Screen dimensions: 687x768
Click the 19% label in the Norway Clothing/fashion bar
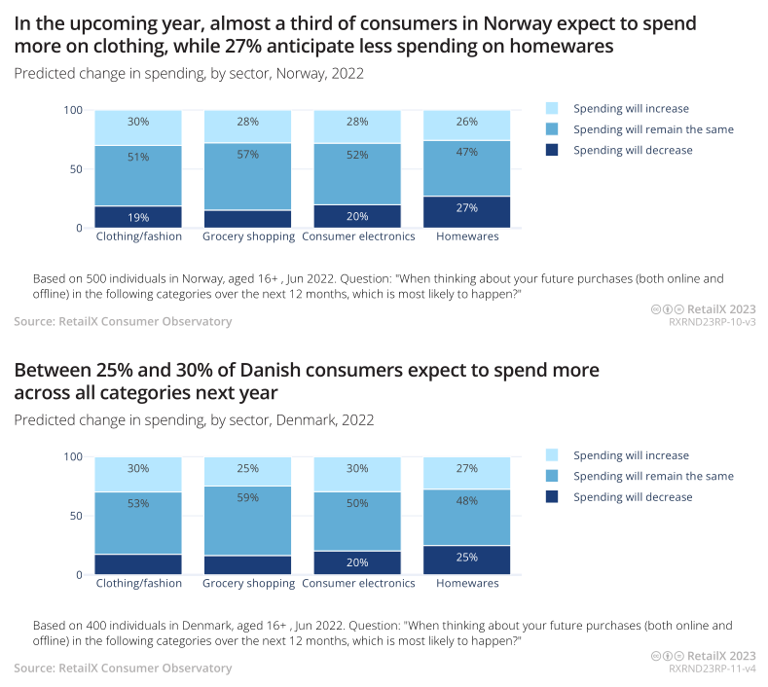(x=138, y=217)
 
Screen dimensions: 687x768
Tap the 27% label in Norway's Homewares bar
(x=467, y=208)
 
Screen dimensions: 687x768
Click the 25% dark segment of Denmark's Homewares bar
(x=467, y=557)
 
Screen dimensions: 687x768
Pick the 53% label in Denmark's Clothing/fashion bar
(x=138, y=503)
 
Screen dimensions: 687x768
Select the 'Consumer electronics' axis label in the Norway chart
(x=358, y=236)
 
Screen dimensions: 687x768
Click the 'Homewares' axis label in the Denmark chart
(x=467, y=584)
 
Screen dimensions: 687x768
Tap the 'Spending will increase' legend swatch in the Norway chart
(x=553, y=108)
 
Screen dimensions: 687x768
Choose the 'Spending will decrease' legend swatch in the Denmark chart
(x=553, y=497)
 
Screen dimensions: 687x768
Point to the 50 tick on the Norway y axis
(x=74, y=169)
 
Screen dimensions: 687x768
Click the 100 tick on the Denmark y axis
(x=71, y=456)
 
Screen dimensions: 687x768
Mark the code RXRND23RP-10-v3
(x=713, y=322)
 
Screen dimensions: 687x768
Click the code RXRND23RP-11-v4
(x=713, y=669)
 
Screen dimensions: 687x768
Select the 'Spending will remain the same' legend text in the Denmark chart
(x=653, y=476)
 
